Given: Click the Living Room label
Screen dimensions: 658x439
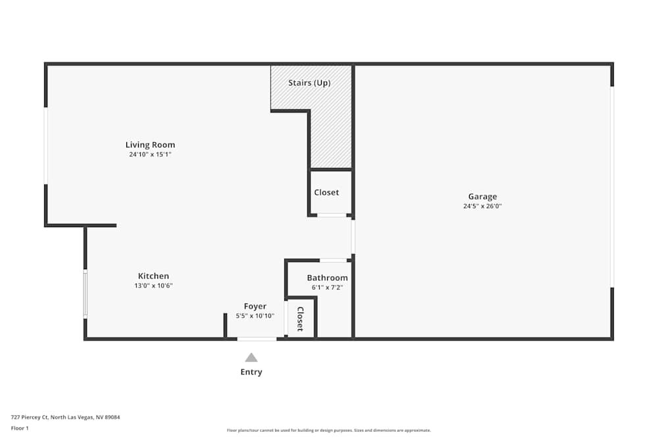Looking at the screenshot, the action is point(150,145).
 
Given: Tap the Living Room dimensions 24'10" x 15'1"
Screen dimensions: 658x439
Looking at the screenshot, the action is point(150,155).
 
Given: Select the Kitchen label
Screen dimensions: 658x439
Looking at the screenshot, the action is point(153,276).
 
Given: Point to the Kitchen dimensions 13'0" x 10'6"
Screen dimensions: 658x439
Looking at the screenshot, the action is point(153,286).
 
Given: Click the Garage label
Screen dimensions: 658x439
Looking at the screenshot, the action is point(482,196).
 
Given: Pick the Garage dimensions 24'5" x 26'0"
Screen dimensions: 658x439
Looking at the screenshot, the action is point(482,206).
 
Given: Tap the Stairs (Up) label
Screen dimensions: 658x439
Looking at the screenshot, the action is point(309,83).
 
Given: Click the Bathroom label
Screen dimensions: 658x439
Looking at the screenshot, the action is point(327,278).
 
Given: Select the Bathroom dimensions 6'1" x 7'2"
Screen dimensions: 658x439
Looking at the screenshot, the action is point(327,288).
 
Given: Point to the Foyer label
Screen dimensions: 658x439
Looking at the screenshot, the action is point(255,306).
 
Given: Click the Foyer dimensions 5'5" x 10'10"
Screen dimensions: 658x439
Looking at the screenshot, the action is point(255,316).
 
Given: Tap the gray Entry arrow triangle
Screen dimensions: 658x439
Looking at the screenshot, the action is point(251,357).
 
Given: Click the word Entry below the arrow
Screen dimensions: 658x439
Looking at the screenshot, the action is point(251,372).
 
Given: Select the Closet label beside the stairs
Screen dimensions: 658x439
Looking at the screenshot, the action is point(326,192).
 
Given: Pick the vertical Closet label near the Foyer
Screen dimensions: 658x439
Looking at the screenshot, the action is point(301,319).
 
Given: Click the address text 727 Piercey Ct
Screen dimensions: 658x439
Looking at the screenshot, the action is point(30,417).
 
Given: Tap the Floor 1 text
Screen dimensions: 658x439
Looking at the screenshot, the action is point(20,428).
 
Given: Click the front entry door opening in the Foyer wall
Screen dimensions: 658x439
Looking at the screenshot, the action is point(257,339).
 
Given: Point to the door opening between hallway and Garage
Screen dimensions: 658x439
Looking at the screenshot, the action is point(353,236).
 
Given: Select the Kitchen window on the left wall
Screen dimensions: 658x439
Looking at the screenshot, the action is point(85,294).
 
